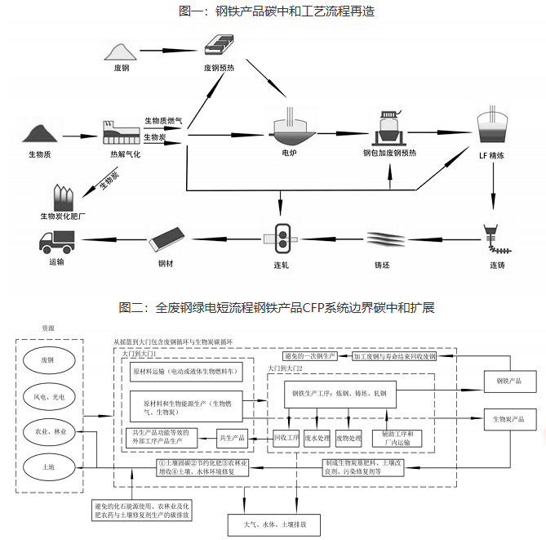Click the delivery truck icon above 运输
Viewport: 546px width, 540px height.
[56, 241]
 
